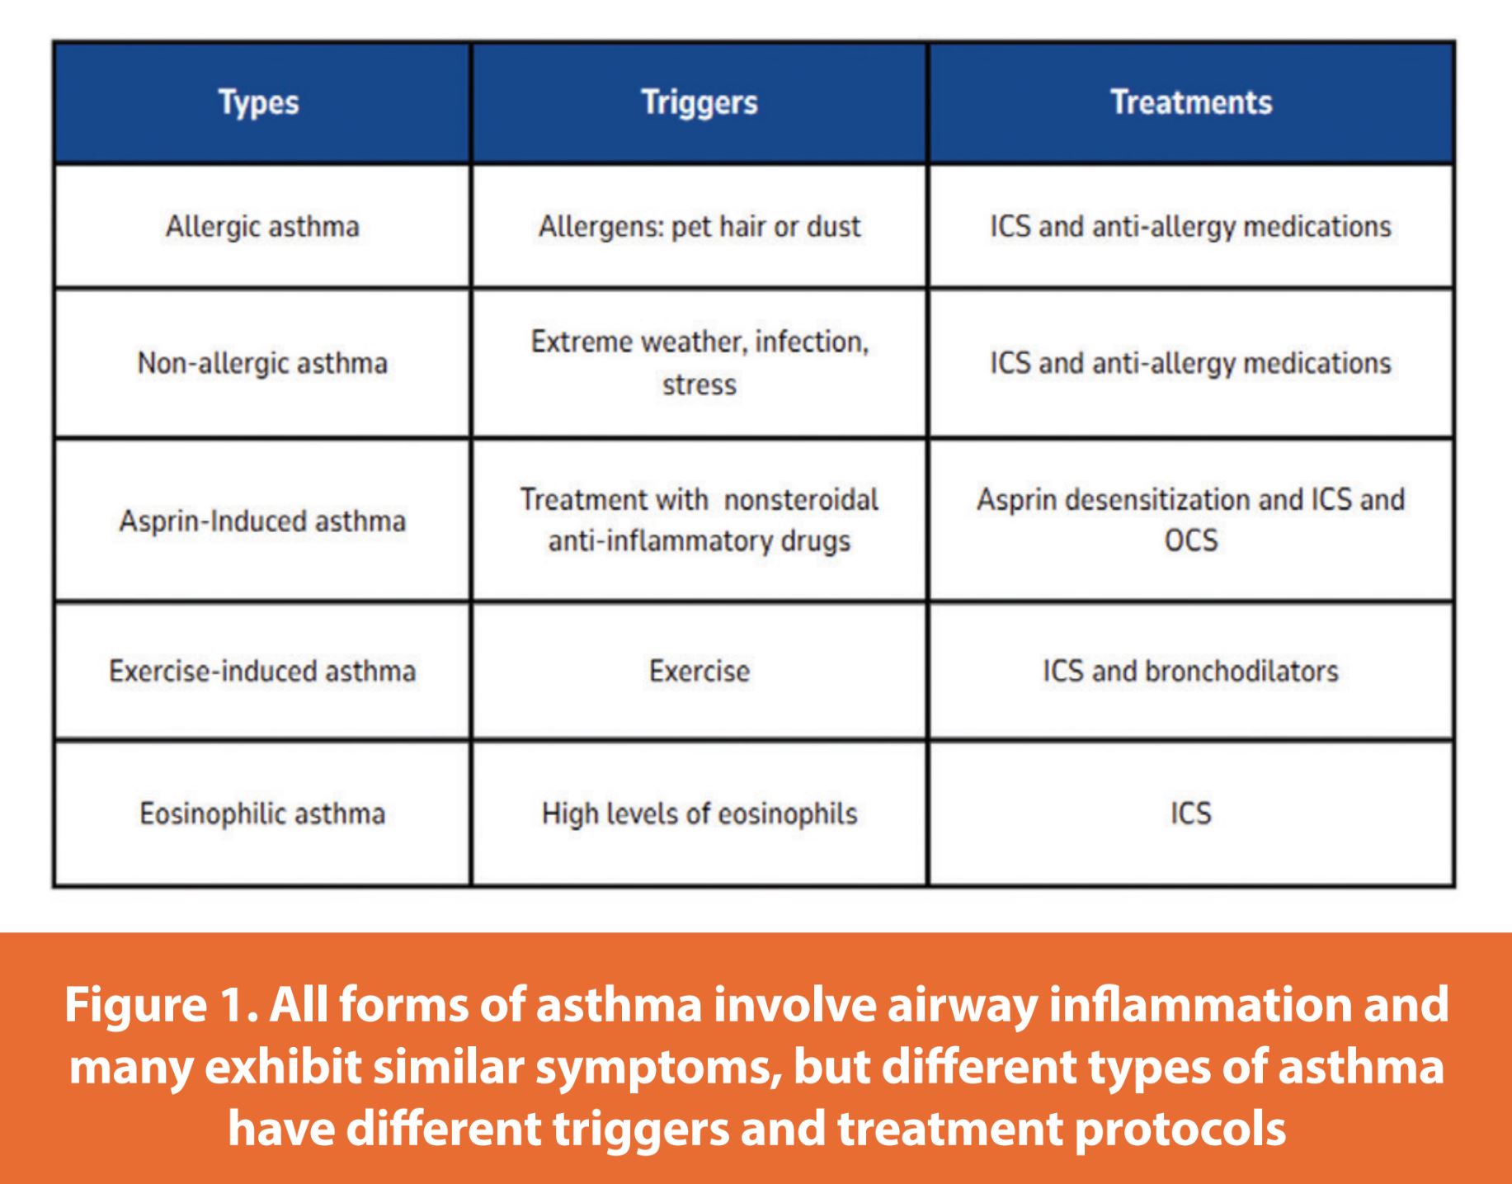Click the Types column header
(x=258, y=103)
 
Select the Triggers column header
(x=699, y=103)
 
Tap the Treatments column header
(x=1191, y=102)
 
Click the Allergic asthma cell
(x=262, y=227)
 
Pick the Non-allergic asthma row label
(x=262, y=363)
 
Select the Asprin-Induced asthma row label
(x=262, y=521)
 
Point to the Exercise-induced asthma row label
(x=262, y=671)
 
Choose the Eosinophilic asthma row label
(x=262, y=814)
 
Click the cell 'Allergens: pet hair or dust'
(x=699, y=227)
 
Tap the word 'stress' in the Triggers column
(x=699, y=384)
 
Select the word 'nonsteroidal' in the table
(x=801, y=499)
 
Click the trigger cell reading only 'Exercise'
(x=699, y=671)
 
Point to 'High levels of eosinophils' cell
(x=699, y=814)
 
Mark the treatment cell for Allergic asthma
(x=1191, y=227)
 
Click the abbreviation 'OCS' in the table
(x=1191, y=540)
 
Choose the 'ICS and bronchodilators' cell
(x=1191, y=671)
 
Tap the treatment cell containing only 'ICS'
(x=1191, y=814)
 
